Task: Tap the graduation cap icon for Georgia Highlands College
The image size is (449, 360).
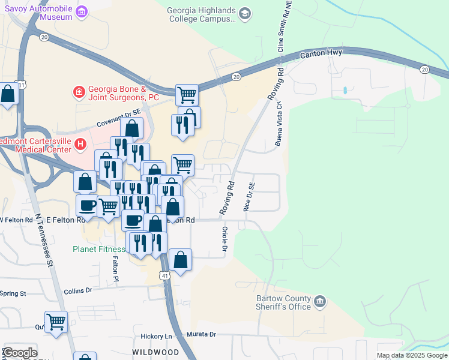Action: pyautogui.click(x=244, y=13)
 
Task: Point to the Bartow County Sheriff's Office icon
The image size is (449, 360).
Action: pyautogui.click(x=320, y=300)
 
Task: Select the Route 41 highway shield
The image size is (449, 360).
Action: pyautogui.click(x=164, y=274)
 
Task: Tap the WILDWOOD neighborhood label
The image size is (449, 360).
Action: pyautogui.click(x=155, y=351)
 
